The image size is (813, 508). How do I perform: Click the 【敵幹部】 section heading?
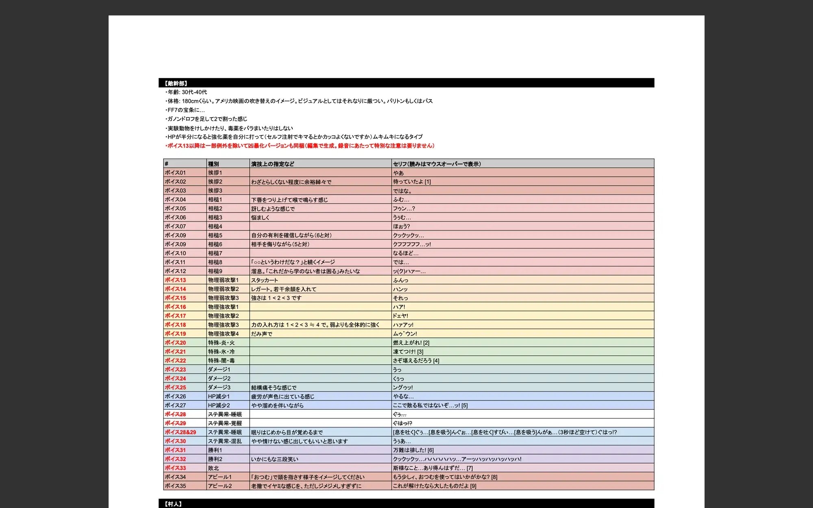[x=176, y=83]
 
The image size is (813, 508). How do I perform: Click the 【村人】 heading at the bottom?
[x=174, y=504]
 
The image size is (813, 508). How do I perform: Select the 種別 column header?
[x=213, y=164]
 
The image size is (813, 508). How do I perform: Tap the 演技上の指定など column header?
[x=272, y=164]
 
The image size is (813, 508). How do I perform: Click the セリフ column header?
[x=437, y=164]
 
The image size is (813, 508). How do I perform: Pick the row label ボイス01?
[x=175, y=173]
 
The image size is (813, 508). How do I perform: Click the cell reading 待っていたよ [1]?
[x=412, y=182]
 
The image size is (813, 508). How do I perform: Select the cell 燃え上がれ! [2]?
[x=411, y=343]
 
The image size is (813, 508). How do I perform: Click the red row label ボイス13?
[x=175, y=280]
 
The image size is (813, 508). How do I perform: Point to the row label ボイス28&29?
[x=180, y=432]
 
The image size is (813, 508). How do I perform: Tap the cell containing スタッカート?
[x=264, y=280]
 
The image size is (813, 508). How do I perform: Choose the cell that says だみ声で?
[x=261, y=334]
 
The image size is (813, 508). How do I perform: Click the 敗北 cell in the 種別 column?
[x=213, y=468]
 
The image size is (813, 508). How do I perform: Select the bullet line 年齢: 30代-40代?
[x=187, y=92]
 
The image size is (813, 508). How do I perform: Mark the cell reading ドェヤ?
[x=400, y=316]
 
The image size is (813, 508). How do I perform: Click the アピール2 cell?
[x=220, y=486]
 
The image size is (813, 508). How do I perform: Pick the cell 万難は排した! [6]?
[x=413, y=450]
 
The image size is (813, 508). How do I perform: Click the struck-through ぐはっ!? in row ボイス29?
[x=402, y=423]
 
